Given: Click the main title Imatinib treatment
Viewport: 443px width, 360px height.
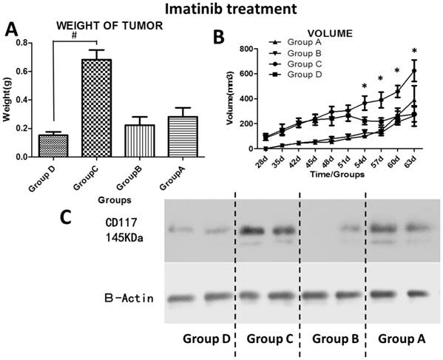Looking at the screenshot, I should click(x=221, y=10).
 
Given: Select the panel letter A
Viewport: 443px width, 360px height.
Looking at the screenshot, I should click(x=12, y=30).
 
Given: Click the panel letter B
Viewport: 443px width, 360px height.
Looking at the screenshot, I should click(x=220, y=35).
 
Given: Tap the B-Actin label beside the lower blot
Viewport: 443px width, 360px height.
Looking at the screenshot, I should click(x=128, y=298).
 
